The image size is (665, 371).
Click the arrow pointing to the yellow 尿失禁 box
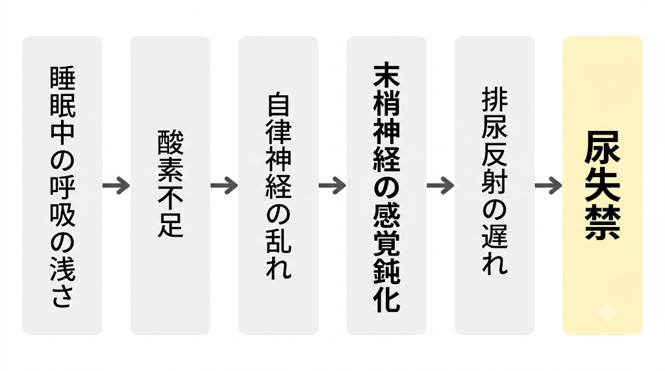click(x=548, y=185)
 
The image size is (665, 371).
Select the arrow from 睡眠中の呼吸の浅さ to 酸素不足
click(x=116, y=185)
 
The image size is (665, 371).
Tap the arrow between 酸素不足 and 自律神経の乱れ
click(x=224, y=185)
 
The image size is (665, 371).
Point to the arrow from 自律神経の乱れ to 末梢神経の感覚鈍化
click(x=332, y=185)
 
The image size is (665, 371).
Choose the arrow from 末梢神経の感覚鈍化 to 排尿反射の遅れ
click(x=440, y=185)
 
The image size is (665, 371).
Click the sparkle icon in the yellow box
click(x=607, y=313)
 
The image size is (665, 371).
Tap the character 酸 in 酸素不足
click(x=171, y=143)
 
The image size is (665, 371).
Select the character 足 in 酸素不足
click(x=171, y=224)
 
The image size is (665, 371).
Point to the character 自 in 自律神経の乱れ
click(x=279, y=106)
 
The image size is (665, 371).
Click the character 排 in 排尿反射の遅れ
click(x=494, y=101)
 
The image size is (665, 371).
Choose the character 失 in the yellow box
click(x=603, y=185)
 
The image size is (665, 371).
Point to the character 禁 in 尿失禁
click(x=603, y=224)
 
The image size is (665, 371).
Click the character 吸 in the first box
click(x=62, y=213)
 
